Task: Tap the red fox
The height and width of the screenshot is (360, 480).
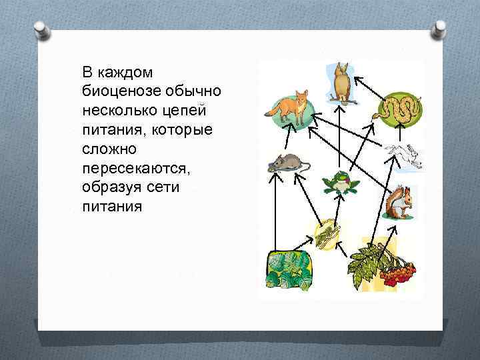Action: coord(292,107)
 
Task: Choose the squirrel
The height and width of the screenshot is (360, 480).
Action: coord(397,202)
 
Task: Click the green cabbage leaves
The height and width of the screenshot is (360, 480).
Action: coord(289,269)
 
